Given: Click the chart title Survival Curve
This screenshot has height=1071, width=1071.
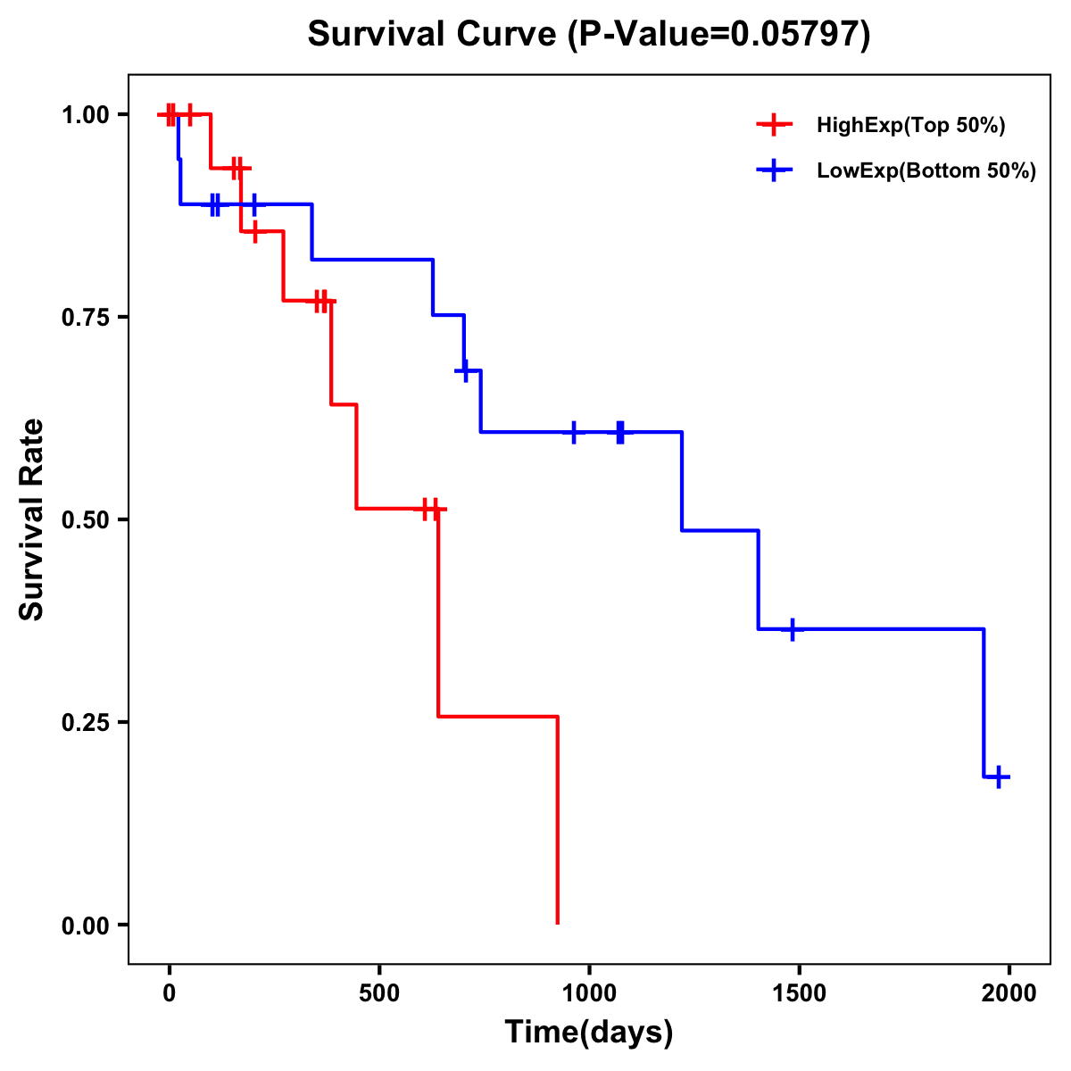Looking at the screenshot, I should (588, 34).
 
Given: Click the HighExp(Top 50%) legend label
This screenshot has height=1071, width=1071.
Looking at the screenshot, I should (910, 126).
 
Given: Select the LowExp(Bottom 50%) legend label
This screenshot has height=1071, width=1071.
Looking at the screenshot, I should (926, 171).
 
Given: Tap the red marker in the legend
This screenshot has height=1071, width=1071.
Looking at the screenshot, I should (774, 125).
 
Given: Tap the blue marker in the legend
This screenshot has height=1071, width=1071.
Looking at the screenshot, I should (774, 170).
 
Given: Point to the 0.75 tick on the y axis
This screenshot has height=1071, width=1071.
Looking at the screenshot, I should (86, 317).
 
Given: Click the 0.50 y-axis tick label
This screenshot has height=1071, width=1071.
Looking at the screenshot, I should (86, 519).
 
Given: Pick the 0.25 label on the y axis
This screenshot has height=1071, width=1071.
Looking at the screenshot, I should (86, 722).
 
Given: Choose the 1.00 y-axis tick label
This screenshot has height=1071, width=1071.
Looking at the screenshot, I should (86, 114).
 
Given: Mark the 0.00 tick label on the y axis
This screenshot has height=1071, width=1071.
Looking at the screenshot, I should (86, 925).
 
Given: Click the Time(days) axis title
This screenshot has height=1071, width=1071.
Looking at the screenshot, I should (588, 1033).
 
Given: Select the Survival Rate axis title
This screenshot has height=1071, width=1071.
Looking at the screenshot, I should (32, 519).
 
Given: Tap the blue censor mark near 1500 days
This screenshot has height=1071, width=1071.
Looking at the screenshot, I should (792, 629).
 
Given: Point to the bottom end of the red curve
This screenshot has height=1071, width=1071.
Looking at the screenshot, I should (557, 922).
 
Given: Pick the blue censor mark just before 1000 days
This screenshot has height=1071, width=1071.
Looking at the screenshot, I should (573, 432).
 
